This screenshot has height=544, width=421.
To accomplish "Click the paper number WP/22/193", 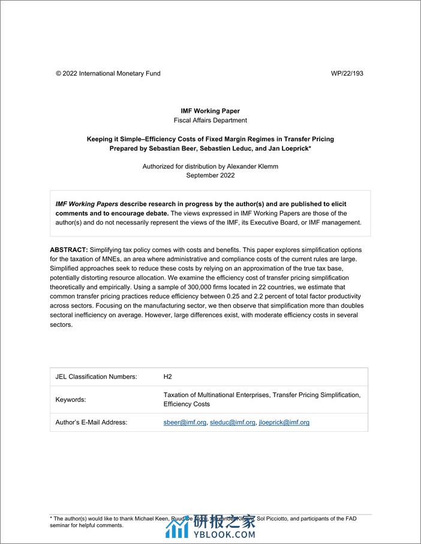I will click(x=347, y=74).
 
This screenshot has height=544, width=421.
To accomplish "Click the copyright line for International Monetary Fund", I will click(x=108, y=74).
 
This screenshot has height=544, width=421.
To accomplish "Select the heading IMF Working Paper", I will click(x=210, y=111).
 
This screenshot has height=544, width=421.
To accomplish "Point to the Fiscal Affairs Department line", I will click(x=210, y=120).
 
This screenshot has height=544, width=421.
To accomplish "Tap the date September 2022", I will click(x=210, y=176).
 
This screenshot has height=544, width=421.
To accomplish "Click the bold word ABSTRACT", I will click(x=68, y=250).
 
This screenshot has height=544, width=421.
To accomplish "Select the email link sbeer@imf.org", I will click(x=185, y=422).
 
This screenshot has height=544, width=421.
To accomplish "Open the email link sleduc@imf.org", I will click(x=231, y=422).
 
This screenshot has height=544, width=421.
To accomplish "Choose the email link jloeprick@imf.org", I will click(x=283, y=422).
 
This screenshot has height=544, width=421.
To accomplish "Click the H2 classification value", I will click(x=167, y=377).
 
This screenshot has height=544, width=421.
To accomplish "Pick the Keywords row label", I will click(x=71, y=399).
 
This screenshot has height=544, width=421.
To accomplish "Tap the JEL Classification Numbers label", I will click(x=97, y=377).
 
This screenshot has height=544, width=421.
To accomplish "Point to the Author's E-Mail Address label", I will click(x=91, y=422).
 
